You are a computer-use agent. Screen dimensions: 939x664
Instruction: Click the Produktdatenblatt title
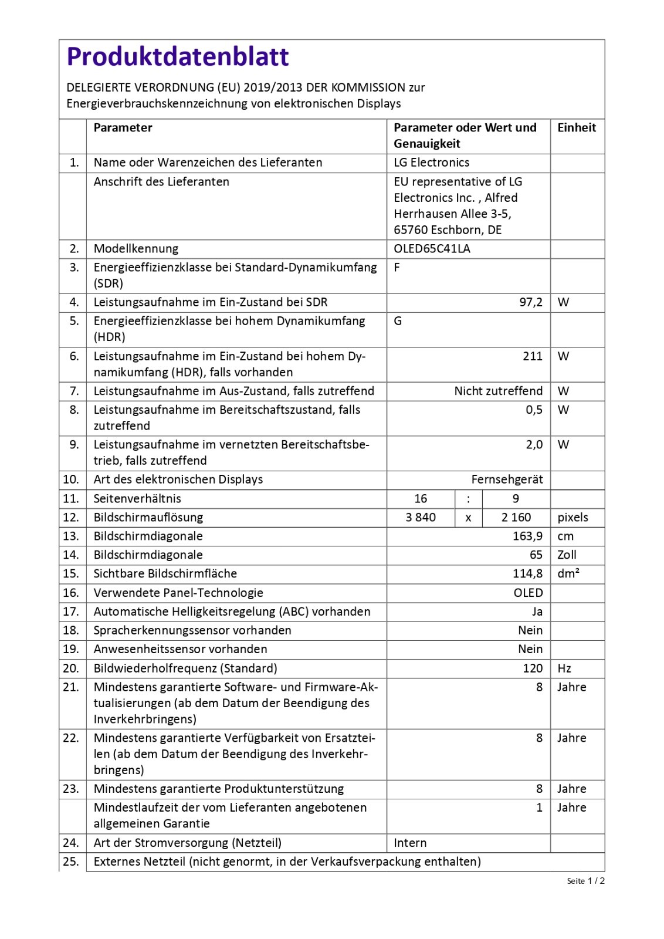pyautogui.click(x=177, y=57)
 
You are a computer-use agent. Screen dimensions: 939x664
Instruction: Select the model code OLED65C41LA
pyautogui.click(x=432, y=249)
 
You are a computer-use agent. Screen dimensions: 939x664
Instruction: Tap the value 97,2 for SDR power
pyautogui.click(x=530, y=302)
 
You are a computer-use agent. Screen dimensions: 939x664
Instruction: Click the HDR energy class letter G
pyautogui.click(x=398, y=321)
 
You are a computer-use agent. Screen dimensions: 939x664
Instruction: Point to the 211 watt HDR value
pyautogui.click(x=532, y=356)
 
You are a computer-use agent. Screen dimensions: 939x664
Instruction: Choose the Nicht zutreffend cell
pyautogui.click(x=498, y=391)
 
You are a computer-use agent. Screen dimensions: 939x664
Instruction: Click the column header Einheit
pyautogui.click(x=576, y=128)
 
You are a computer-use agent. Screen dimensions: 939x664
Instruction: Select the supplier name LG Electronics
pyautogui.click(x=431, y=163)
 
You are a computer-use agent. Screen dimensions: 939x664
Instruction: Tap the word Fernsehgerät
pyautogui.click(x=507, y=479)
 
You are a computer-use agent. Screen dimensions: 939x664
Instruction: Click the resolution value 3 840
pyautogui.click(x=421, y=518)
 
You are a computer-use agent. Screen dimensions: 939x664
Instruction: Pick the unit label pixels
pyautogui.click(x=572, y=518)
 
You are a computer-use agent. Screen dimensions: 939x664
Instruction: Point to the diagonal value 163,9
pyautogui.click(x=527, y=536)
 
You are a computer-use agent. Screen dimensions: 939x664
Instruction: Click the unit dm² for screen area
pyautogui.click(x=568, y=574)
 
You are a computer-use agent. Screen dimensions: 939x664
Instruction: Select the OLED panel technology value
pyautogui.click(x=528, y=593)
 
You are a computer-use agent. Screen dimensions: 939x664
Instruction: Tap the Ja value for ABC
pyautogui.click(x=537, y=612)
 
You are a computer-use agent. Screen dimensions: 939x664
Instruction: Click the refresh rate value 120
pyautogui.click(x=532, y=668)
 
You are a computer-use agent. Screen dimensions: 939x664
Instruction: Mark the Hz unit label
pyautogui.click(x=564, y=668)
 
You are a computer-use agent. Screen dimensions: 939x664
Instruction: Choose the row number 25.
pyautogui.click(x=71, y=862)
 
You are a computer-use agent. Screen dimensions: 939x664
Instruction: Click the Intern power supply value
pyautogui.click(x=410, y=843)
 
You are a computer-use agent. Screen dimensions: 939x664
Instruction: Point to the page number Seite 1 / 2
pyautogui.click(x=585, y=881)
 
